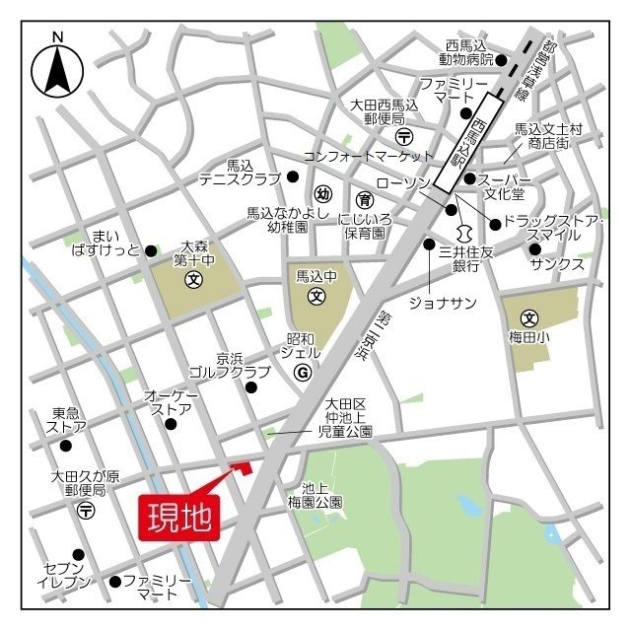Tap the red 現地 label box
[179, 516]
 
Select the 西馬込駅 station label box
[475, 139]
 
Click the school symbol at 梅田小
[530, 318]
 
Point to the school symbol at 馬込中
[316, 295]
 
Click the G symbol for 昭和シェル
[303, 372]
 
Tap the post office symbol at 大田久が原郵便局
[87, 511]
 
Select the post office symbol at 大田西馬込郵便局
[403, 135]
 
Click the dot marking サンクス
[535, 248]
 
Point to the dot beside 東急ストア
[66, 446]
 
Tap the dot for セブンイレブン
[79, 554]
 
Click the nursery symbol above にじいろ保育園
[364, 197]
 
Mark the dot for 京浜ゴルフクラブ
[251, 387]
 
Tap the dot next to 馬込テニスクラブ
[293, 176]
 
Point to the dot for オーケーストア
[171, 424]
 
